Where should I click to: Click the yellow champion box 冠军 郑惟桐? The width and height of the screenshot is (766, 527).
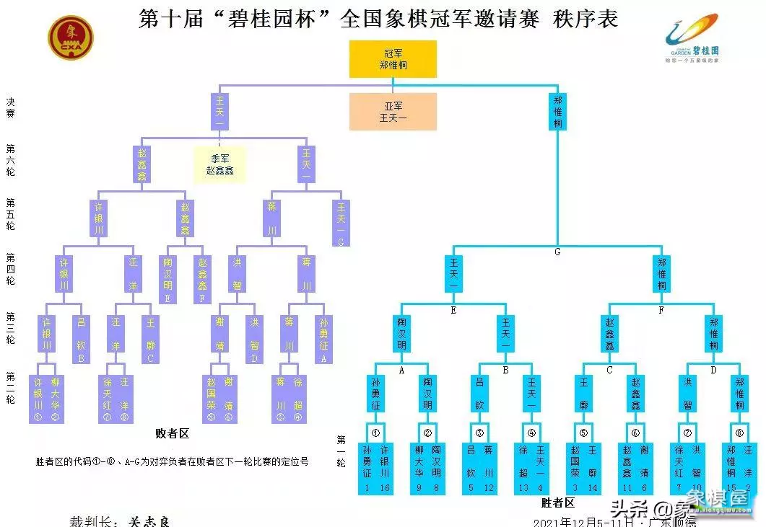(393, 59)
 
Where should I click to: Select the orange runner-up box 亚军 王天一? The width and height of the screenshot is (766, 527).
(393, 112)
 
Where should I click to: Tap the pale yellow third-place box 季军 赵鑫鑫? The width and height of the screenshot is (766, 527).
(219, 165)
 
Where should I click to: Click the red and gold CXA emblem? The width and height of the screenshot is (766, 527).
(71, 37)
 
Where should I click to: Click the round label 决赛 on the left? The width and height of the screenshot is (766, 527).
(10, 108)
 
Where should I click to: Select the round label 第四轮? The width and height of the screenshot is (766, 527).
(10, 269)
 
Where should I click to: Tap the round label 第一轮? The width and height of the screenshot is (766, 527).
(341, 451)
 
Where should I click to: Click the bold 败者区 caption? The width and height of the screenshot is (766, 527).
(173, 434)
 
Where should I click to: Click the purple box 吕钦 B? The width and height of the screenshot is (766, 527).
(81, 340)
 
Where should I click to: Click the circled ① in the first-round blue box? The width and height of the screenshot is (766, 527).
(375, 434)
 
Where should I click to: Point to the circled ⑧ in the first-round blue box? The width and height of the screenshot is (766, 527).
(739, 434)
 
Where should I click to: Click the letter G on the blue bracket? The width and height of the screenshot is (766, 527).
(557, 252)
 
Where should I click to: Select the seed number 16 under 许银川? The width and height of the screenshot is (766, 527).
(386, 488)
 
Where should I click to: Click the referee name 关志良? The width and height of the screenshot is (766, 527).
(149, 521)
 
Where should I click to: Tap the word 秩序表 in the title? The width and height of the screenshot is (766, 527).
(586, 18)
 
